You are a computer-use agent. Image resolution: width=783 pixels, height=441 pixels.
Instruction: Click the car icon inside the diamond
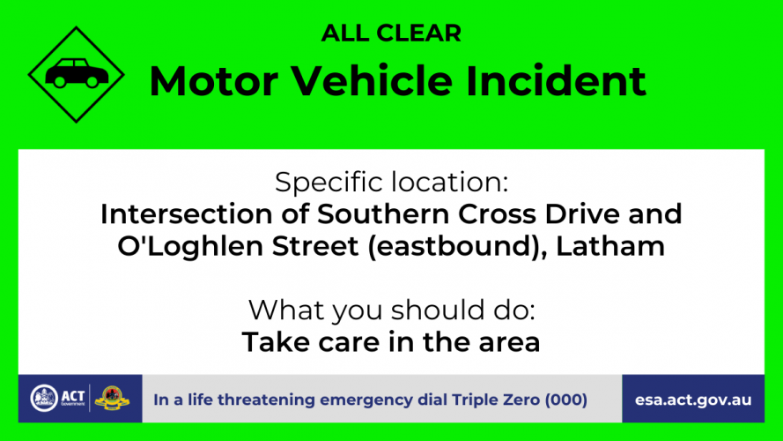coord(77,73)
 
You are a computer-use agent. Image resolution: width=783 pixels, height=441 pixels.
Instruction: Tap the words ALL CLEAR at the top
coord(391,34)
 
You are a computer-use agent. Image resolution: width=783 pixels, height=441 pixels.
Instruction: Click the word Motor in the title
coord(214,81)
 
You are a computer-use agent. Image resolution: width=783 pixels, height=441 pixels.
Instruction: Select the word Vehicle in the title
coord(372,80)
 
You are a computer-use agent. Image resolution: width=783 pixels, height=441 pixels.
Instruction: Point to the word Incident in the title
coord(556,80)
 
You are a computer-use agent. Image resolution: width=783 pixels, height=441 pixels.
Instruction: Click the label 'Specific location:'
coord(391,182)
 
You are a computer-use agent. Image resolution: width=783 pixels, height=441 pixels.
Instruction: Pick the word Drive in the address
coord(582,214)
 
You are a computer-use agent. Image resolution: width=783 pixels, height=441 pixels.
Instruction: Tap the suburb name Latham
coord(610,246)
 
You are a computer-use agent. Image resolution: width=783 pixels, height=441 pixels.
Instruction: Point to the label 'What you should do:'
coord(391,310)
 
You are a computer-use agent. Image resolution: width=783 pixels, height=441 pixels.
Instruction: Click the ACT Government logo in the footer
coord(57,399)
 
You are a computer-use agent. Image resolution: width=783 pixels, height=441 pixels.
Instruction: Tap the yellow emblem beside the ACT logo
coord(112,398)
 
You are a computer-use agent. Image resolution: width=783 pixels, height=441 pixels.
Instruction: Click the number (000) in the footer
coord(566,400)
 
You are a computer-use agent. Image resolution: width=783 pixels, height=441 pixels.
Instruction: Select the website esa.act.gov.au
coord(693,400)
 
